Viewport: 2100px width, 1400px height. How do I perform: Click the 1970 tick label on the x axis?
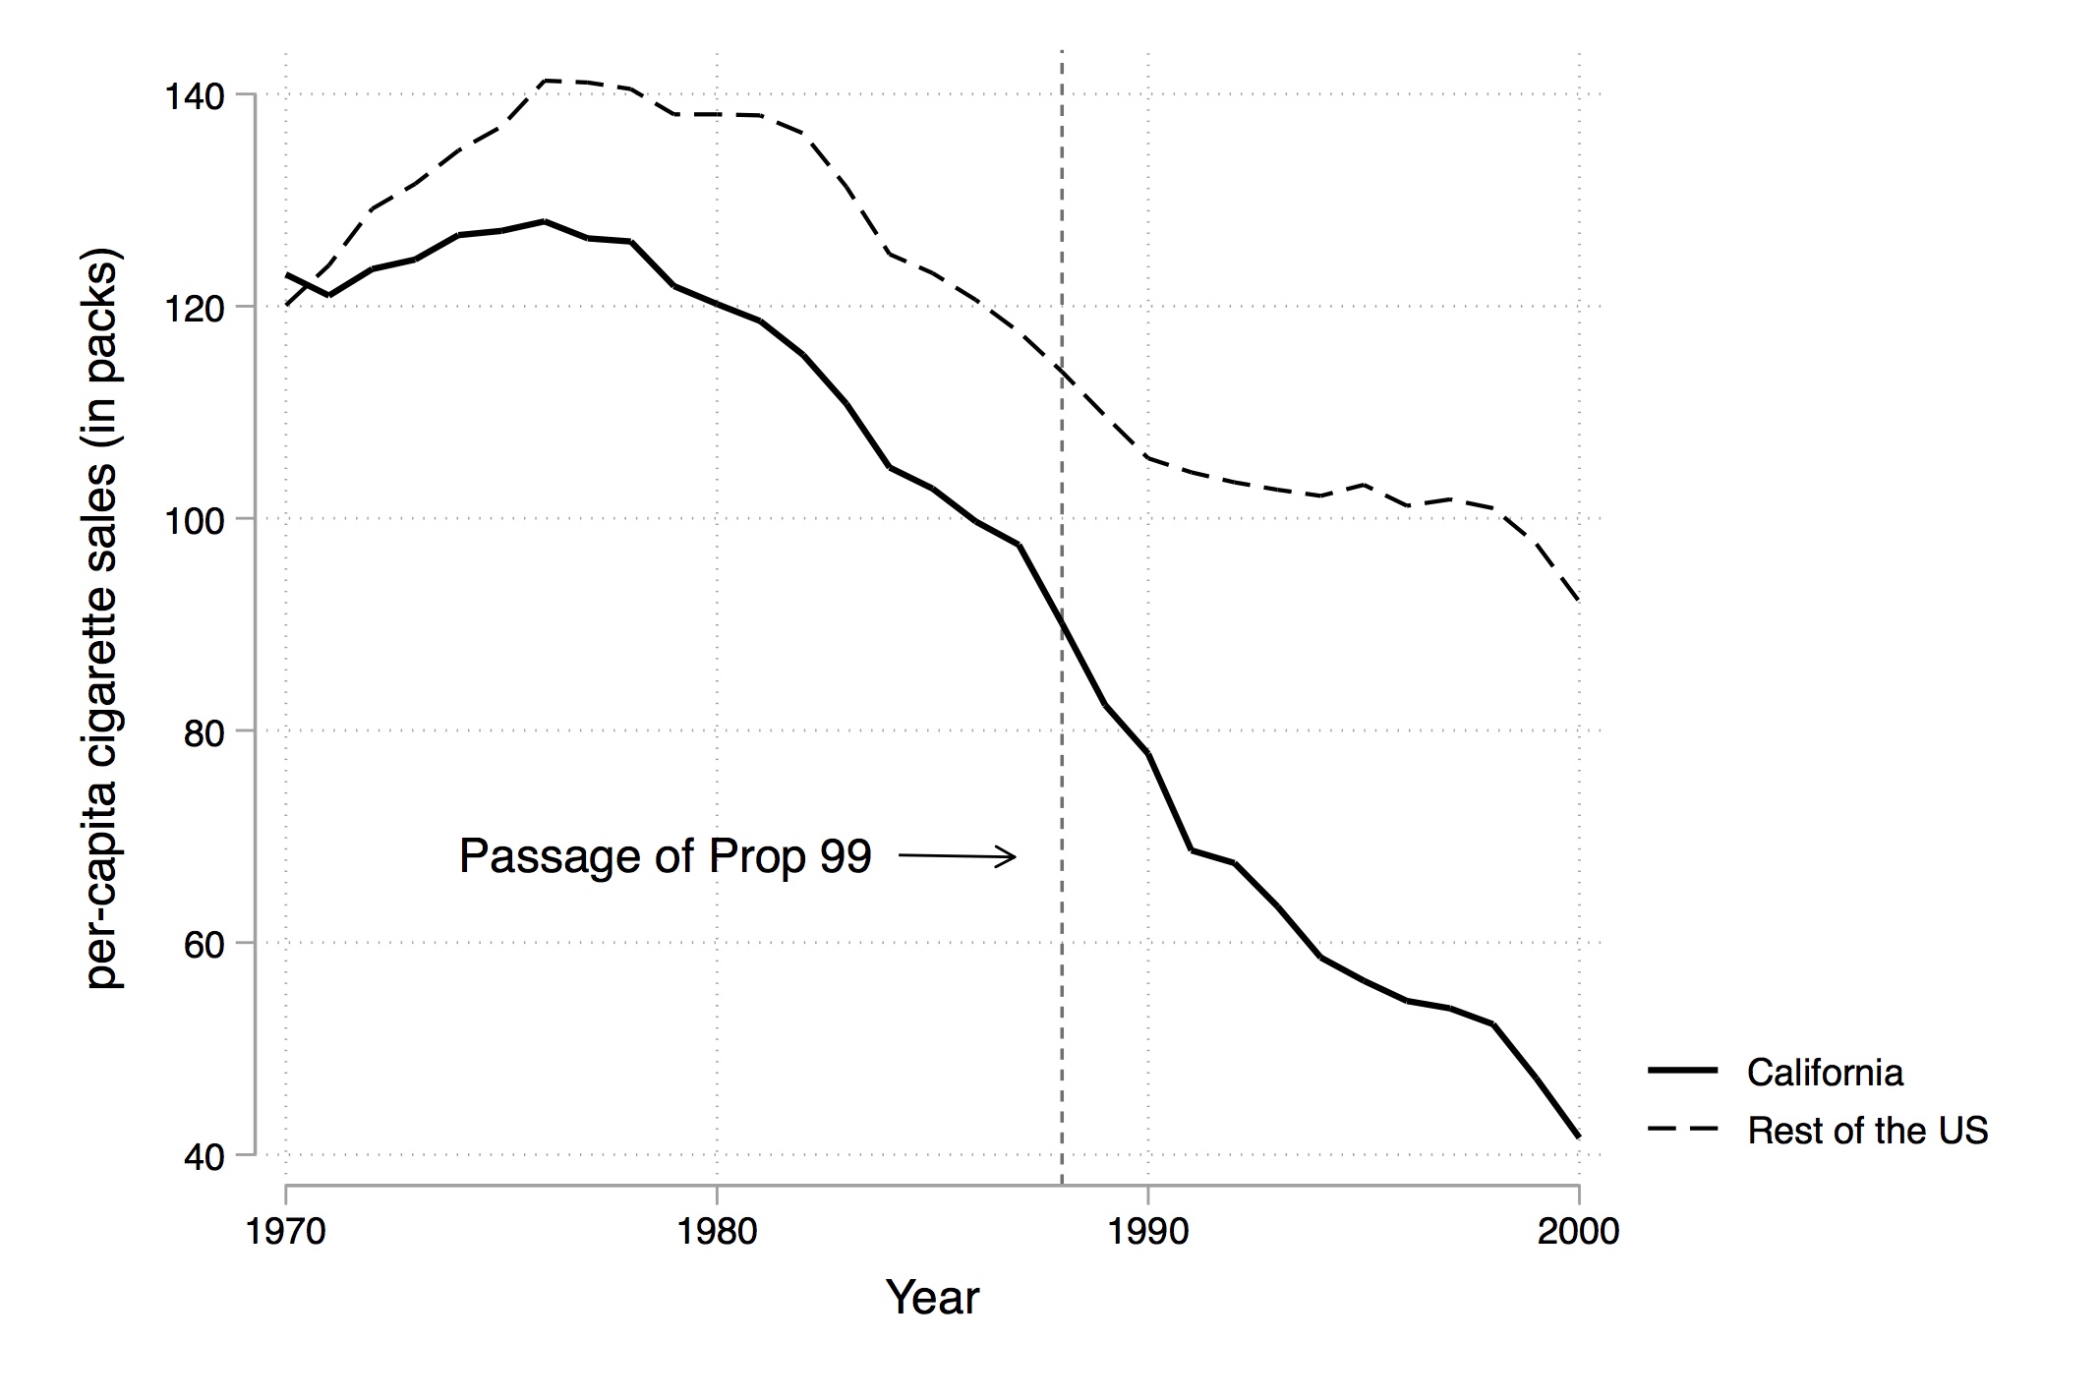[x=286, y=1231]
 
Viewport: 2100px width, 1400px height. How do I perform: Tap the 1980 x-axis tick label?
[x=717, y=1231]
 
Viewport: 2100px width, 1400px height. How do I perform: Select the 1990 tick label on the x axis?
[x=1147, y=1231]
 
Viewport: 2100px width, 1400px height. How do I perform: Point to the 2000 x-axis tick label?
[x=1578, y=1231]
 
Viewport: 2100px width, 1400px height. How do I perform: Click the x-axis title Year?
[x=932, y=1298]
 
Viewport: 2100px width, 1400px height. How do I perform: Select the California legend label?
[x=1825, y=1072]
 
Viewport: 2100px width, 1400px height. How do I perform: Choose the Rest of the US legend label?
[x=1867, y=1131]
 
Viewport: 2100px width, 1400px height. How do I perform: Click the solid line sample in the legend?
[x=1682, y=1071]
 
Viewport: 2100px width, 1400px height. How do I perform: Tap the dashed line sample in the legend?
[x=1682, y=1130]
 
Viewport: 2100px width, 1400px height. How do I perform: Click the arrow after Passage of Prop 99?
[x=958, y=856]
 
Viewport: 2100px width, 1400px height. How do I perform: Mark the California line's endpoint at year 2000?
[x=1578, y=1137]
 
